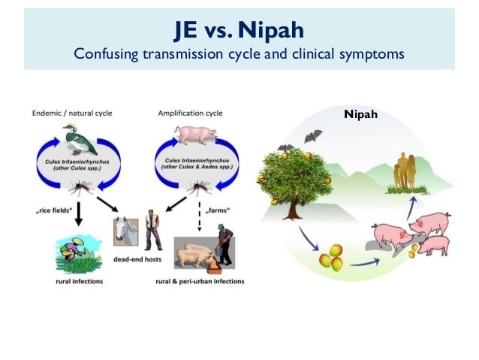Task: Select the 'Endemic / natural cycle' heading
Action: coord(72,113)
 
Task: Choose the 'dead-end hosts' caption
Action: coord(140,258)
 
